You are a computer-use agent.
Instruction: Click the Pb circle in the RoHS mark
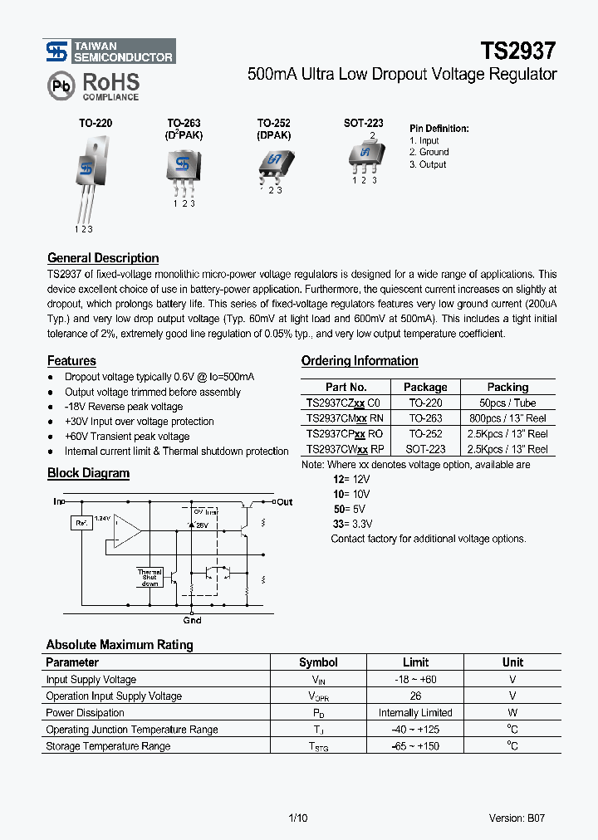pos(61,85)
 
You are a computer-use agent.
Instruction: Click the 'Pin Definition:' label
pos(439,129)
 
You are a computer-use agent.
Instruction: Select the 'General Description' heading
pos(103,258)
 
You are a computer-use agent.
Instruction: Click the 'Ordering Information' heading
pos(359,361)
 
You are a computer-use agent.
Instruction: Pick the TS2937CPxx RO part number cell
pos(345,434)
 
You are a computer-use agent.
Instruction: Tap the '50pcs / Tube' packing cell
pos(507,403)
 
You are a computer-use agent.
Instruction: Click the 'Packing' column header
pos(507,387)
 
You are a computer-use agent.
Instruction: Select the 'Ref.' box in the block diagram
pos(81,523)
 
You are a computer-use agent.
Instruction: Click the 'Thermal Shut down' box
pos(149,577)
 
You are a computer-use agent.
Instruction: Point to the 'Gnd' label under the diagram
pos(192,620)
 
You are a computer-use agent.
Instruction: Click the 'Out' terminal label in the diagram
pos(285,501)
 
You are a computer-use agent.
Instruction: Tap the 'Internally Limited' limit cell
pos(415,713)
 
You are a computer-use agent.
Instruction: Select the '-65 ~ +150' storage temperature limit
pos(415,746)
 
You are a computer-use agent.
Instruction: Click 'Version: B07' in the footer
pos(517,818)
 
